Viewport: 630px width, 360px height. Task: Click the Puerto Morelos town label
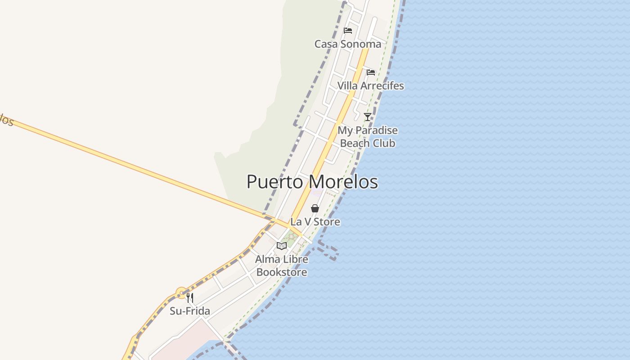(312, 182)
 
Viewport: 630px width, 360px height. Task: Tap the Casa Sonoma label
(347, 44)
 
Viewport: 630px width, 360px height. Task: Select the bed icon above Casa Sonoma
(348, 31)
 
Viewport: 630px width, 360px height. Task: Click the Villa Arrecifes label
(370, 85)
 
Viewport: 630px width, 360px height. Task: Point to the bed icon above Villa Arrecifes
(370, 72)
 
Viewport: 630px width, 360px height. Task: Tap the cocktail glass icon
(368, 117)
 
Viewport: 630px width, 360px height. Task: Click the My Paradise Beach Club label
(368, 137)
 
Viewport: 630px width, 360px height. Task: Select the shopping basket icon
(315, 208)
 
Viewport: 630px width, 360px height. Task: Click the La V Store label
(315, 222)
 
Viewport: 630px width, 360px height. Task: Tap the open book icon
(282, 246)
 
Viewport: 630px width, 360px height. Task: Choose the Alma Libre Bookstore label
(282, 265)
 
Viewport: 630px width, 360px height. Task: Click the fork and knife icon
(190, 297)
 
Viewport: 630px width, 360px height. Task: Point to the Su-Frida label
(189, 311)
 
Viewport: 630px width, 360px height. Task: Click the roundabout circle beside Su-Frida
(181, 293)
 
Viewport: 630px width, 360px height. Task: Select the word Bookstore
(282, 272)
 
